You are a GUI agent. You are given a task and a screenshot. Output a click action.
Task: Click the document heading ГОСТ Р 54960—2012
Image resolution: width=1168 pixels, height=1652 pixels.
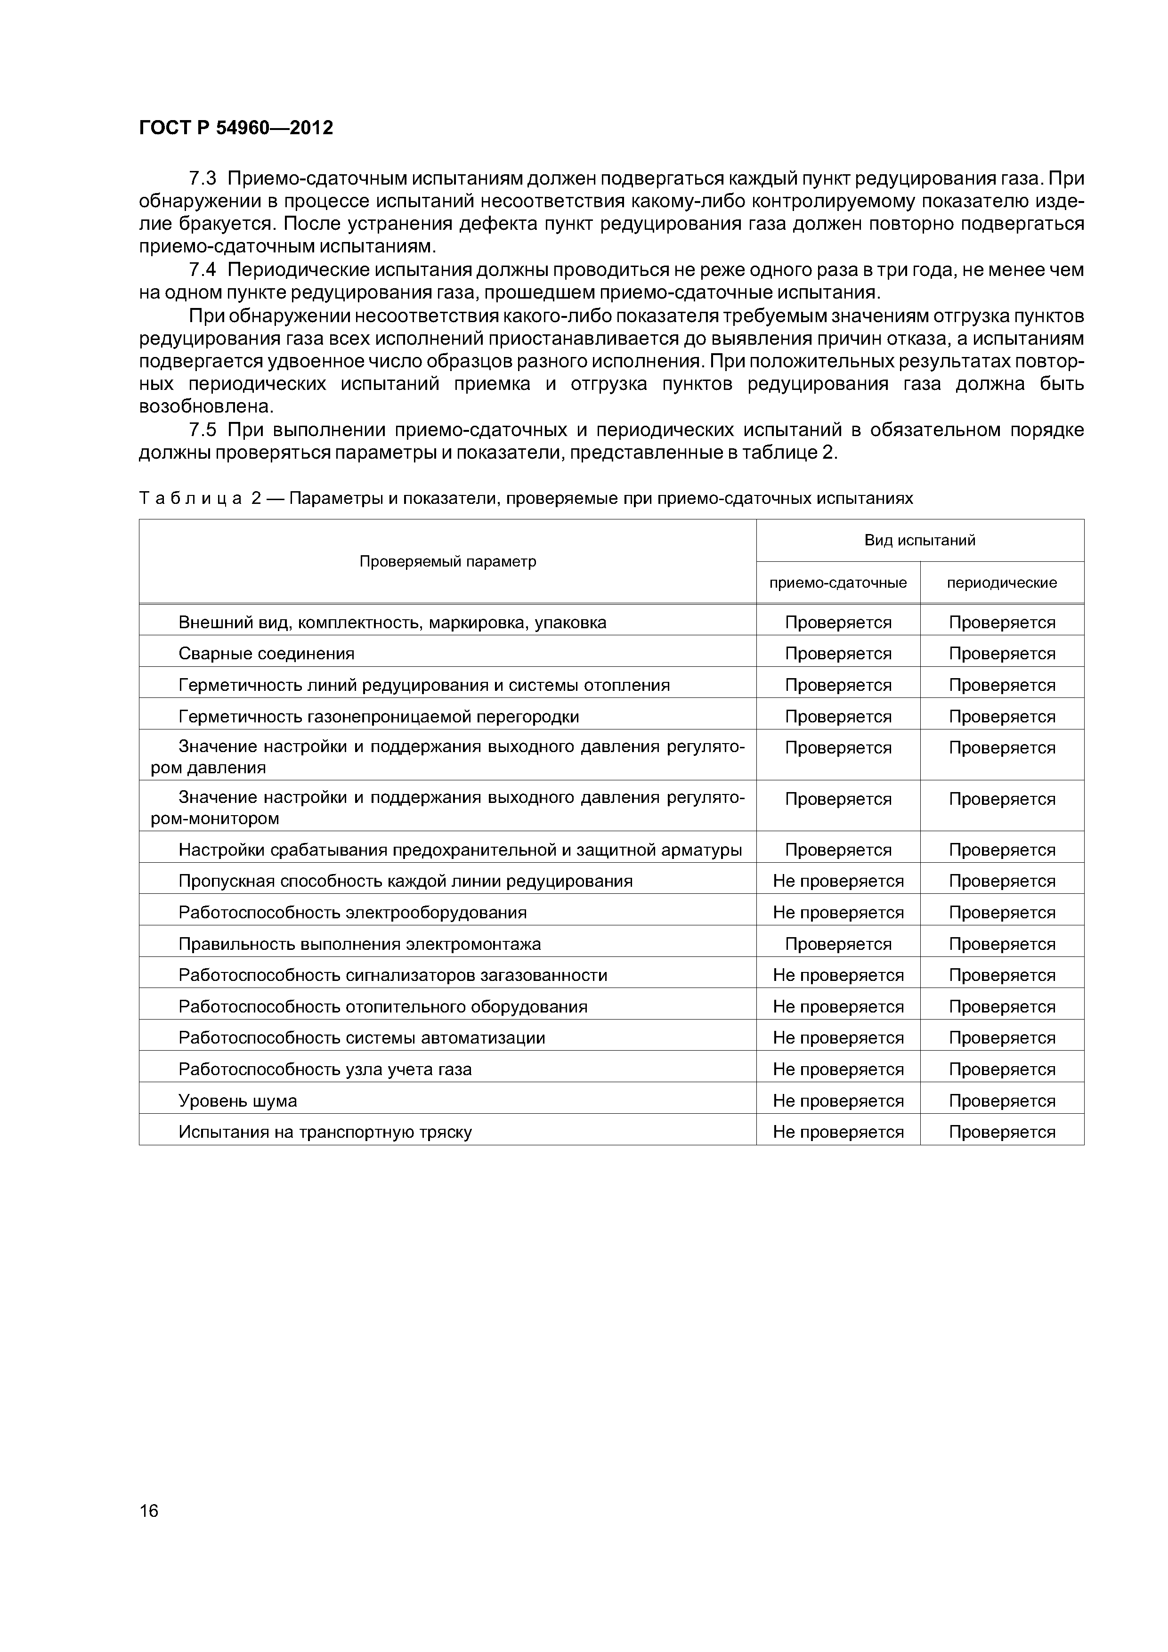pos(236,128)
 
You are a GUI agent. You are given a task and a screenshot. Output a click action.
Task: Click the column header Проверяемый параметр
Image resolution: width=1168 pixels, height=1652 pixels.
pos(447,561)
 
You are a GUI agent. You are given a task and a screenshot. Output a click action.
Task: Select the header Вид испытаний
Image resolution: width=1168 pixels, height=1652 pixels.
pos(920,540)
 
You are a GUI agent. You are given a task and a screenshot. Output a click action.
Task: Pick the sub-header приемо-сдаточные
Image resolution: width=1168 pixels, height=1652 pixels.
pos(838,583)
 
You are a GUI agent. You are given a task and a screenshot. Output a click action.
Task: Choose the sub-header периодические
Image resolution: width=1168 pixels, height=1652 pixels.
pos(1002,583)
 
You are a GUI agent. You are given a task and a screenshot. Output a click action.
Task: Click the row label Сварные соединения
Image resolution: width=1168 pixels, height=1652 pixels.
pos(266,653)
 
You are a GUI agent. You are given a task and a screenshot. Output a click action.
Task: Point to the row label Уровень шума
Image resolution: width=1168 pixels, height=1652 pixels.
pos(237,1101)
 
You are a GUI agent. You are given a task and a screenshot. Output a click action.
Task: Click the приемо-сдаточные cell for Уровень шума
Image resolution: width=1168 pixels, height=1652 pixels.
pos(838,1101)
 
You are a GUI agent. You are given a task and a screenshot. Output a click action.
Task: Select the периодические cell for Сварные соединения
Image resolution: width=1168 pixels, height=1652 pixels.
pos(1002,653)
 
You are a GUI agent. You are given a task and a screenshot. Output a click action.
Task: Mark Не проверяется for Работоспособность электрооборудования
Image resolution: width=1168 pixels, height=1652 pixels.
pos(838,912)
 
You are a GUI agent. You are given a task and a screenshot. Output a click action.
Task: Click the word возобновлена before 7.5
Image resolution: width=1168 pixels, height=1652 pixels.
pos(206,406)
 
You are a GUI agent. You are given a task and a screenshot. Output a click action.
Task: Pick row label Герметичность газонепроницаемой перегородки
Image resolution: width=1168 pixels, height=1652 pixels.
pos(379,717)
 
